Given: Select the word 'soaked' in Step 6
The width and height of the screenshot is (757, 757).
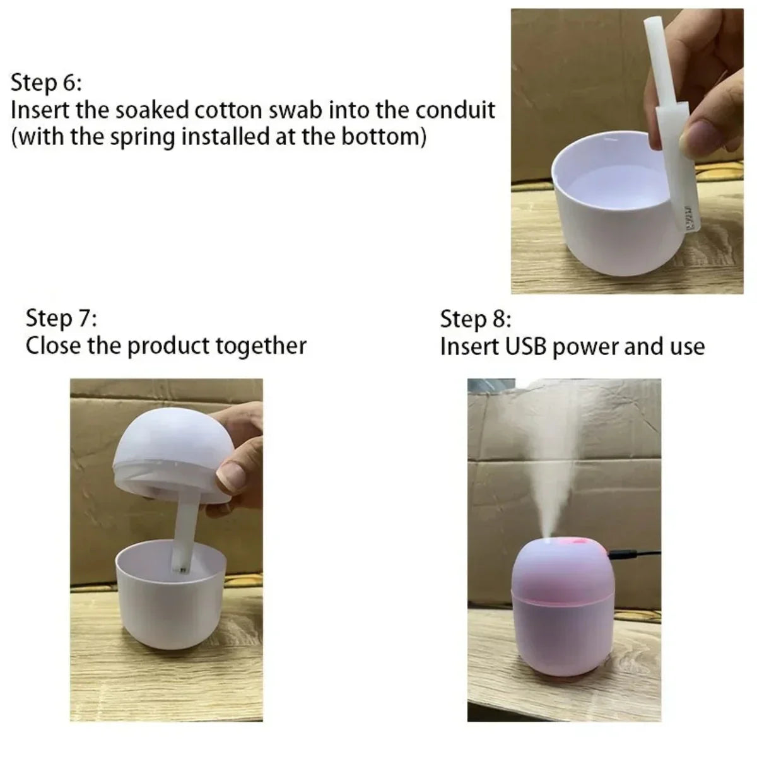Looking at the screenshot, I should pyautogui.click(x=143, y=110).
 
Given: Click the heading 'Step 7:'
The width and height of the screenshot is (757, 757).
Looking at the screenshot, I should pyautogui.click(x=61, y=318).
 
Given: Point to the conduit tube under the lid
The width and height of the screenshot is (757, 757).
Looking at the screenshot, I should pyautogui.click(x=183, y=536).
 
